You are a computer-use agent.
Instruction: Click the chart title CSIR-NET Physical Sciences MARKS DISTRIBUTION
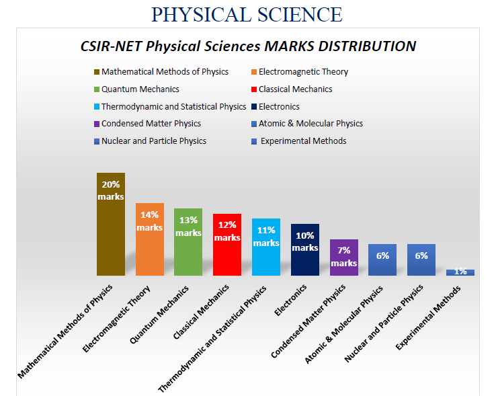(x=248, y=46)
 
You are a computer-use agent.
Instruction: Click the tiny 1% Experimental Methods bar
(x=460, y=272)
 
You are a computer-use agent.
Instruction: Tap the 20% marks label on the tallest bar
(x=111, y=190)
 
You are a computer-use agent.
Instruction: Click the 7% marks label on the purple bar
(x=343, y=256)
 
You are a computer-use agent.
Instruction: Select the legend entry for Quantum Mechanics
(x=140, y=89)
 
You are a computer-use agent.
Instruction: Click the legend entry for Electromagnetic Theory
(x=302, y=72)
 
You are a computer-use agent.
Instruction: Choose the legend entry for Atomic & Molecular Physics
(x=310, y=124)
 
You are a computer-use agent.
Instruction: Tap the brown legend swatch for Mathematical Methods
(x=97, y=72)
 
